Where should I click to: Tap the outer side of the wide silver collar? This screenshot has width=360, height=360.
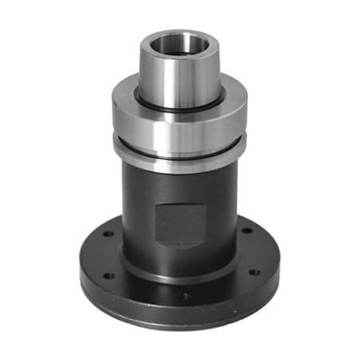click(179, 128)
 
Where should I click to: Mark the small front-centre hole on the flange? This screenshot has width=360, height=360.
click(186, 297)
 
